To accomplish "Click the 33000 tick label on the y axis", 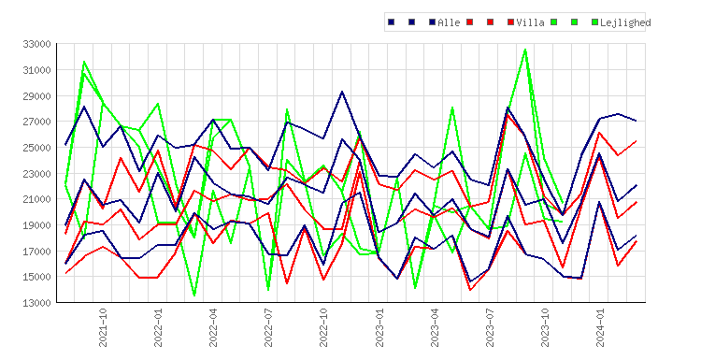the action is point(36,44).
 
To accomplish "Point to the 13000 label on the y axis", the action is point(36,303).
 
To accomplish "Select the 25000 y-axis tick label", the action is point(36,148).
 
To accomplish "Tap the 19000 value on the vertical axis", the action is point(36,225).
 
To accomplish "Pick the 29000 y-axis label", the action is point(36,96).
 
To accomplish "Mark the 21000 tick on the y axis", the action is point(36,199).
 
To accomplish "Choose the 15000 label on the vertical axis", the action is point(36,277).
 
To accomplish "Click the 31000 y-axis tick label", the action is point(36,70).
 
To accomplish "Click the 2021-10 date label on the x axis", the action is point(103,327).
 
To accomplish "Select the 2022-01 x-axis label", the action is point(158,327).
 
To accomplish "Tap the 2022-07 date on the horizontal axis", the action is point(268,327).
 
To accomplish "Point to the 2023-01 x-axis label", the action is point(379,327).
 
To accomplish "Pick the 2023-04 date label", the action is point(435,327).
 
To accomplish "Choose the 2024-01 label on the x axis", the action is point(600,327).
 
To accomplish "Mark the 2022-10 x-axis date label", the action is point(323,327).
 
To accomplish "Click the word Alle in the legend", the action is point(449,22).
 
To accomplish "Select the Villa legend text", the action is point(530,22).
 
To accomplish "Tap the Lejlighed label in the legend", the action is point(625,22).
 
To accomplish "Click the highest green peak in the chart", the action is point(525,50).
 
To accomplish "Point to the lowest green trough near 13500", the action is point(194,295).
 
